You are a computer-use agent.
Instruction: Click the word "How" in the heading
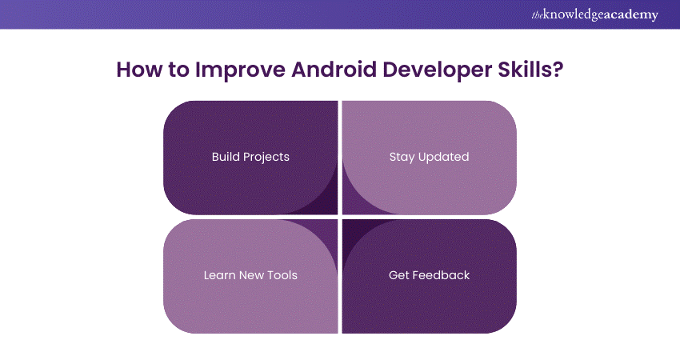pyautogui.click(x=140, y=70)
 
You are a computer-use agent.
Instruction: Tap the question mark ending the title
pyautogui.click(x=558, y=70)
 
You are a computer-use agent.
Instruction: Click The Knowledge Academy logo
pyautogui.click(x=594, y=14)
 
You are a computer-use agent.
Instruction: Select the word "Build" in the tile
pyautogui.click(x=224, y=157)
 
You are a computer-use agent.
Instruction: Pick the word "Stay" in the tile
pyautogui.click(x=402, y=158)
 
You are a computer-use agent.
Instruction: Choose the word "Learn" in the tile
pyautogui.click(x=219, y=275)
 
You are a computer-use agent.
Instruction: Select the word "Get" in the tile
pyautogui.click(x=398, y=275)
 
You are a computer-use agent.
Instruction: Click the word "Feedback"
pyautogui.click(x=441, y=275)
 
